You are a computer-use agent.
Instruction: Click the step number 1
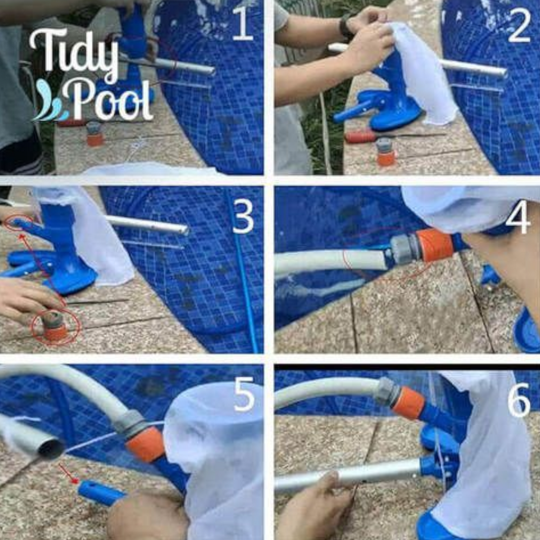click(x=243, y=24)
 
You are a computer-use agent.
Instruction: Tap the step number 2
click(x=519, y=26)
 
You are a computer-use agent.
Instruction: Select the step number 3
click(x=243, y=217)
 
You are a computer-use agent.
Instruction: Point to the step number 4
click(x=518, y=217)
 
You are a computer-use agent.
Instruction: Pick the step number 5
click(x=244, y=394)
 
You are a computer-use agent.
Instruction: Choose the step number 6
click(x=519, y=400)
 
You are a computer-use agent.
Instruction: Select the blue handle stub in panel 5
click(x=100, y=493)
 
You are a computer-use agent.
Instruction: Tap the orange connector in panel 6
click(x=408, y=404)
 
